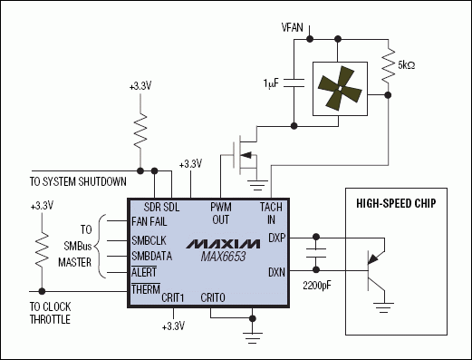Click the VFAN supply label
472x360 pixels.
(292, 27)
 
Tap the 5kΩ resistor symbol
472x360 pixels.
(388, 65)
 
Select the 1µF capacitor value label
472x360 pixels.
(271, 83)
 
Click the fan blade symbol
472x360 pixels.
(340, 88)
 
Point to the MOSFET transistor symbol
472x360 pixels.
(245, 155)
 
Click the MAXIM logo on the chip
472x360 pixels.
(223, 244)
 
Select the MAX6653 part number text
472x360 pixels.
(223, 257)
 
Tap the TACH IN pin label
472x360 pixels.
(271, 213)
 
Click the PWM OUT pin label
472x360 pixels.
(221, 213)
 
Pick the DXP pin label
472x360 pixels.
(276, 238)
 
